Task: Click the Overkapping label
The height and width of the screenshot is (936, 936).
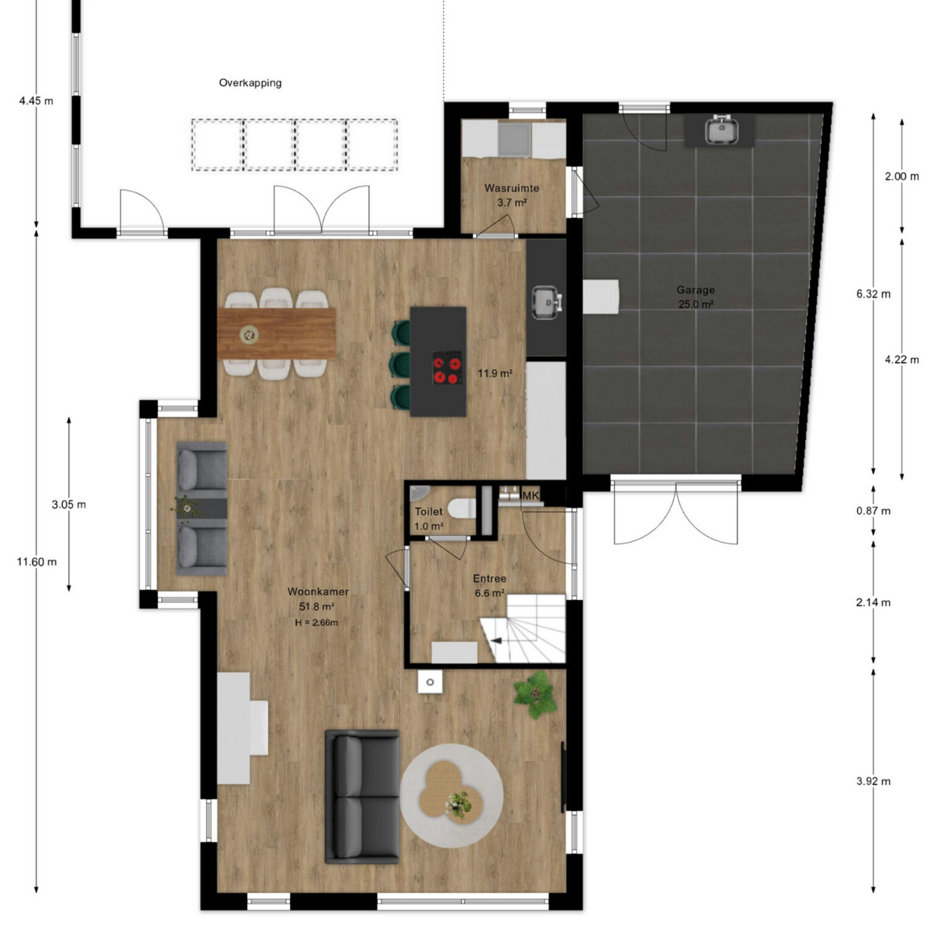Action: click(x=250, y=83)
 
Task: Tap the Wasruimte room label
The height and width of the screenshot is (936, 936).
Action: click(x=512, y=188)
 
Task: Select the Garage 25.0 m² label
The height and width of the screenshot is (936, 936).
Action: click(x=696, y=297)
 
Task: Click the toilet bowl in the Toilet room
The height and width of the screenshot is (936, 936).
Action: click(x=461, y=507)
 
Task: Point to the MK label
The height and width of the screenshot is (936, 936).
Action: click(x=531, y=495)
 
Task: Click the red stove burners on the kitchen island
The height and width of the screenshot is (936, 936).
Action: click(x=446, y=367)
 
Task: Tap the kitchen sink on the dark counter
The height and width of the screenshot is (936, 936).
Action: click(x=546, y=302)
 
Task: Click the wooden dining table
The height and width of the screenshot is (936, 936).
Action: click(x=277, y=333)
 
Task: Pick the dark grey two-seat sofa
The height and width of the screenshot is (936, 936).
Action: click(x=363, y=796)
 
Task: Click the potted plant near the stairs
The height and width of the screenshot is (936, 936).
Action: click(x=534, y=694)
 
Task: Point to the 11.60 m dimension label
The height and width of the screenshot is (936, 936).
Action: click(x=37, y=562)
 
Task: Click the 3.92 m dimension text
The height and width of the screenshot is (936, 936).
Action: click(x=873, y=781)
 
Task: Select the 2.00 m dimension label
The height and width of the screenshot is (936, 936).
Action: click(x=902, y=177)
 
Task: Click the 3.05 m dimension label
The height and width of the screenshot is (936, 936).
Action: click(x=69, y=505)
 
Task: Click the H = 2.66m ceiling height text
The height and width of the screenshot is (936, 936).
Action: click(x=316, y=623)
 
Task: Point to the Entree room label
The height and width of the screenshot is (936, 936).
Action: click(x=490, y=579)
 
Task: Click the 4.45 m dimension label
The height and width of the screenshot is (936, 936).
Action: click(x=36, y=101)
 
